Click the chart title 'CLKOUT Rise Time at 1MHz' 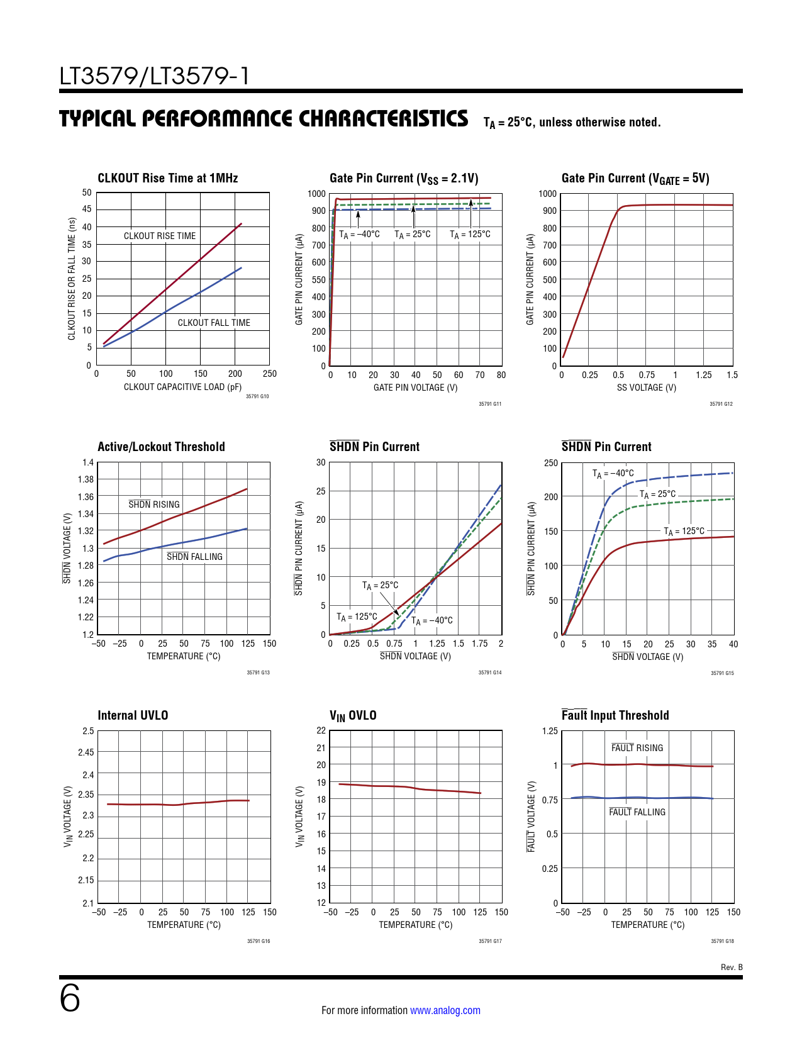point(168,178)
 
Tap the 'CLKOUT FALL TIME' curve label point(214,323)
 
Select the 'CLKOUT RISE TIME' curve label point(160,236)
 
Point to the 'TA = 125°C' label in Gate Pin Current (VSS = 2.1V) point(470,235)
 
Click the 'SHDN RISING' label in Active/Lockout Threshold point(154,504)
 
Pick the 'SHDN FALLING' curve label point(194,557)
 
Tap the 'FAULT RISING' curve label point(637,747)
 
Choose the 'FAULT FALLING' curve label point(637,812)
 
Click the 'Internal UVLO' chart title point(133,715)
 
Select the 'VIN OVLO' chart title point(353,715)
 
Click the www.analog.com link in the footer point(445,1010)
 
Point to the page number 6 point(70,998)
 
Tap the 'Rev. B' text point(732,967)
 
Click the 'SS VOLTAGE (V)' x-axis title point(646,388)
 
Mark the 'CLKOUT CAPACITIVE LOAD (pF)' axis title point(182,387)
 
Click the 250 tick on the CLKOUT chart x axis point(270,374)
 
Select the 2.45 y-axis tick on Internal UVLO point(86,752)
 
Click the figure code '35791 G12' point(721,404)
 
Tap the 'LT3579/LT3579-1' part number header point(154,76)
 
